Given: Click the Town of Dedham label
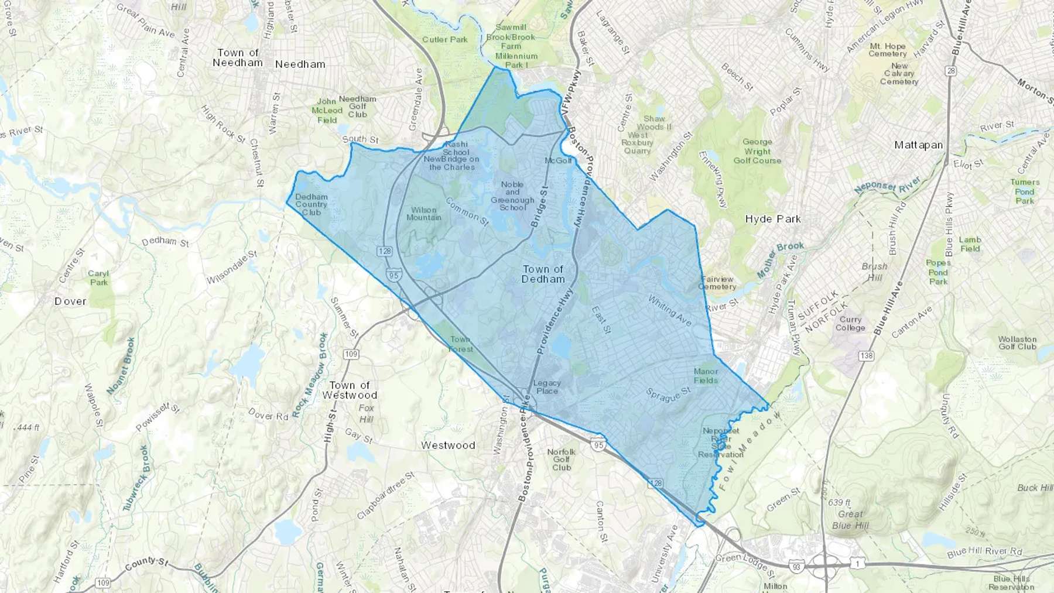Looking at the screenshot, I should click(x=543, y=274).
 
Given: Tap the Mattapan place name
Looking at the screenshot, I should click(x=918, y=145).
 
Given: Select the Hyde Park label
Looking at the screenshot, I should click(x=772, y=219).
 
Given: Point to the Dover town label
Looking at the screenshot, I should click(x=70, y=301).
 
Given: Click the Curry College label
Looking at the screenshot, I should click(x=850, y=324).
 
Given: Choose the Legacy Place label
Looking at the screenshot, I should click(x=547, y=387).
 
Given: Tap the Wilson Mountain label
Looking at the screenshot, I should click(x=423, y=214).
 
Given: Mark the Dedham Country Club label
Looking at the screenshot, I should click(x=311, y=204).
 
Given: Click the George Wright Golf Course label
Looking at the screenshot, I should click(x=757, y=151).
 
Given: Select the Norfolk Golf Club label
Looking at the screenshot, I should click(x=561, y=460).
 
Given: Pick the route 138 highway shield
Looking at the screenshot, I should click(x=865, y=355).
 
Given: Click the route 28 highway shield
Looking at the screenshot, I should click(x=950, y=71).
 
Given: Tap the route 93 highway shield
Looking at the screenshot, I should click(x=811, y=567).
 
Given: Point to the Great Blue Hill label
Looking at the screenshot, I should click(x=850, y=519).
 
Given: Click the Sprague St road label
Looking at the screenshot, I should click(x=668, y=395).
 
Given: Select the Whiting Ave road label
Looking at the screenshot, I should click(x=669, y=310).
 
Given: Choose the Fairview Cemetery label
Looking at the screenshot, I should click(x=717, y=283).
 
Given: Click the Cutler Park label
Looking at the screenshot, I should click(x=444, y=40).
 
